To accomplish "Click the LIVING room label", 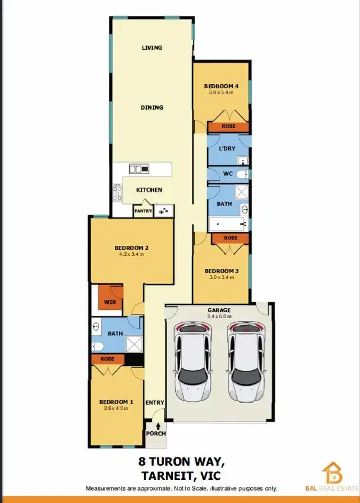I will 152,47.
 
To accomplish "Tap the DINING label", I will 152,107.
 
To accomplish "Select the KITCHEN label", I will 149,190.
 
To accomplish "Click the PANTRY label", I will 143,210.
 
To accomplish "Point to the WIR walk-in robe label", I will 110,302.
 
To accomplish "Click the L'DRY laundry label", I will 227,149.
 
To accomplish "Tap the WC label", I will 227,174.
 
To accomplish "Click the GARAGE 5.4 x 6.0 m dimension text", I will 219,316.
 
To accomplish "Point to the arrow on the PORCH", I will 157,424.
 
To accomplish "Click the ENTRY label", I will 155,403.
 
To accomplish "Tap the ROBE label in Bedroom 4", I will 228,126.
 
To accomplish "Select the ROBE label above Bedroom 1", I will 108,359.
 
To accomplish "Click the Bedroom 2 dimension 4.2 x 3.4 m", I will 130,254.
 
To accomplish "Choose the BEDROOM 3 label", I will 221,271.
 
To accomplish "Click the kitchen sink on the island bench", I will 139,169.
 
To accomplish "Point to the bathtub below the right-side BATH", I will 227,224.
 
